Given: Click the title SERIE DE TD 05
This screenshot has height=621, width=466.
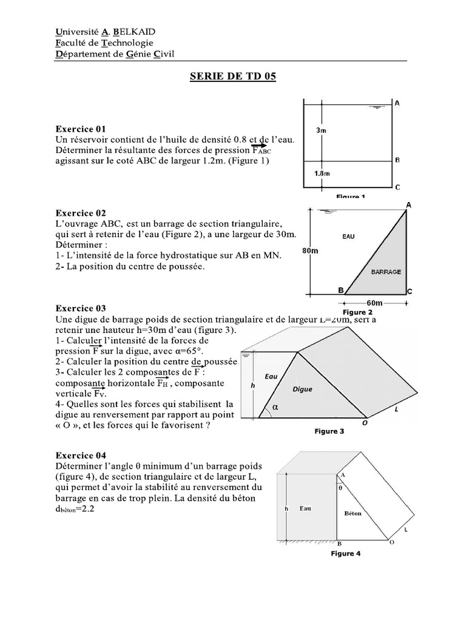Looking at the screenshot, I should coord(233,77).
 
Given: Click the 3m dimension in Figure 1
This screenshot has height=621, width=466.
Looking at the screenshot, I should coord(323,130).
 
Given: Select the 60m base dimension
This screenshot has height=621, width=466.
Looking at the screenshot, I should coord(374,303).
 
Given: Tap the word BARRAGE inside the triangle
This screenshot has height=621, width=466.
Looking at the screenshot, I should coord(386,272).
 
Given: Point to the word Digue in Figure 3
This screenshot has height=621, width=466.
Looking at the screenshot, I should coord(302,389).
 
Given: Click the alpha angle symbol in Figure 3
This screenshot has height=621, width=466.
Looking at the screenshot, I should coord(275,408).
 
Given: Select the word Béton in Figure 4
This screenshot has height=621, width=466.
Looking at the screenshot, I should coord(353,513).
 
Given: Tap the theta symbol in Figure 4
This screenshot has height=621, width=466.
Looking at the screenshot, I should coord(341,486).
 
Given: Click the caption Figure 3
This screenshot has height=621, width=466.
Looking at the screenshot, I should coord(329,432).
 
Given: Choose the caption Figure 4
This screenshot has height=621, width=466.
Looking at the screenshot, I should coord(346,554).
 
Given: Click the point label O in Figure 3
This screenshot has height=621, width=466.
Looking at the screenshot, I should coord(365,424).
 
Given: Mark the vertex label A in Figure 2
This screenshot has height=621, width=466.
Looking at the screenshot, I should coord(409,205).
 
